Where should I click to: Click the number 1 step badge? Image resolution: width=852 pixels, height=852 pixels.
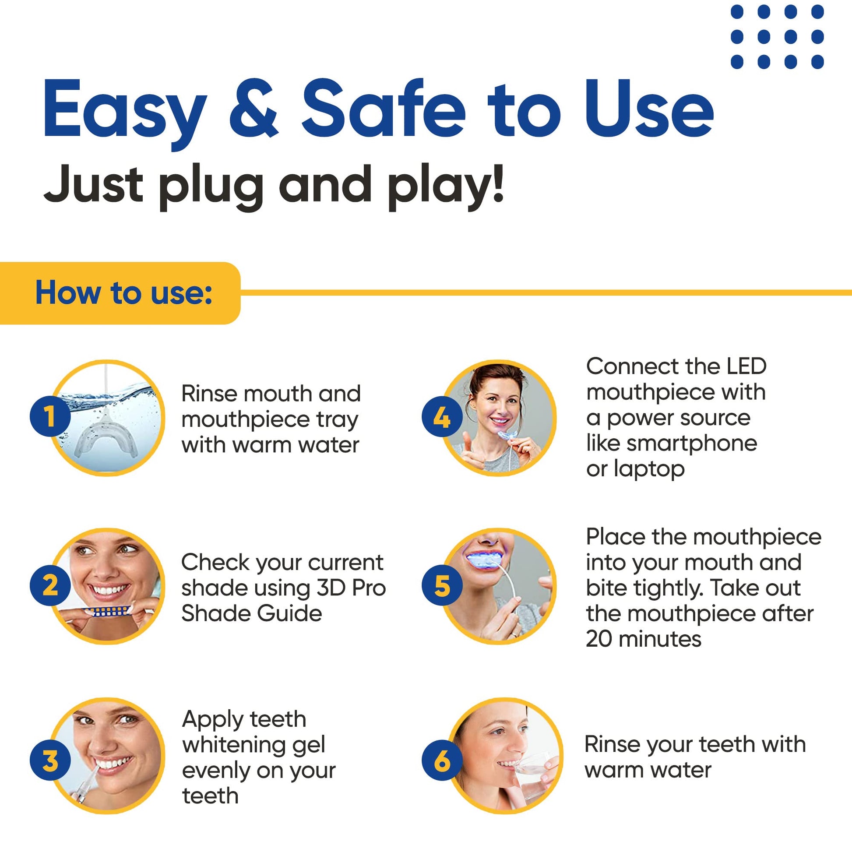click(x=50, y=416)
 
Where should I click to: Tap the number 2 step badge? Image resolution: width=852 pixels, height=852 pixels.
click(x=50, y=586)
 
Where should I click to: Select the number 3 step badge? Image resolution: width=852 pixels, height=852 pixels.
click(x=50, y=760)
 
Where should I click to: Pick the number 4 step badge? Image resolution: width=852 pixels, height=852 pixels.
click(x=442, y=416)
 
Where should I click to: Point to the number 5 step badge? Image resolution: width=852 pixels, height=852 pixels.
click(x=442, y=586)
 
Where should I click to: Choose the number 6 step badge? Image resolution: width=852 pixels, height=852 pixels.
click(x=442, y=760)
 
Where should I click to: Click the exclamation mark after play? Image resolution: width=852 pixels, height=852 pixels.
click(x=498, y=183)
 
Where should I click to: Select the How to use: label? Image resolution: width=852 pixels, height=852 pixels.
click(x=124, y=292)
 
